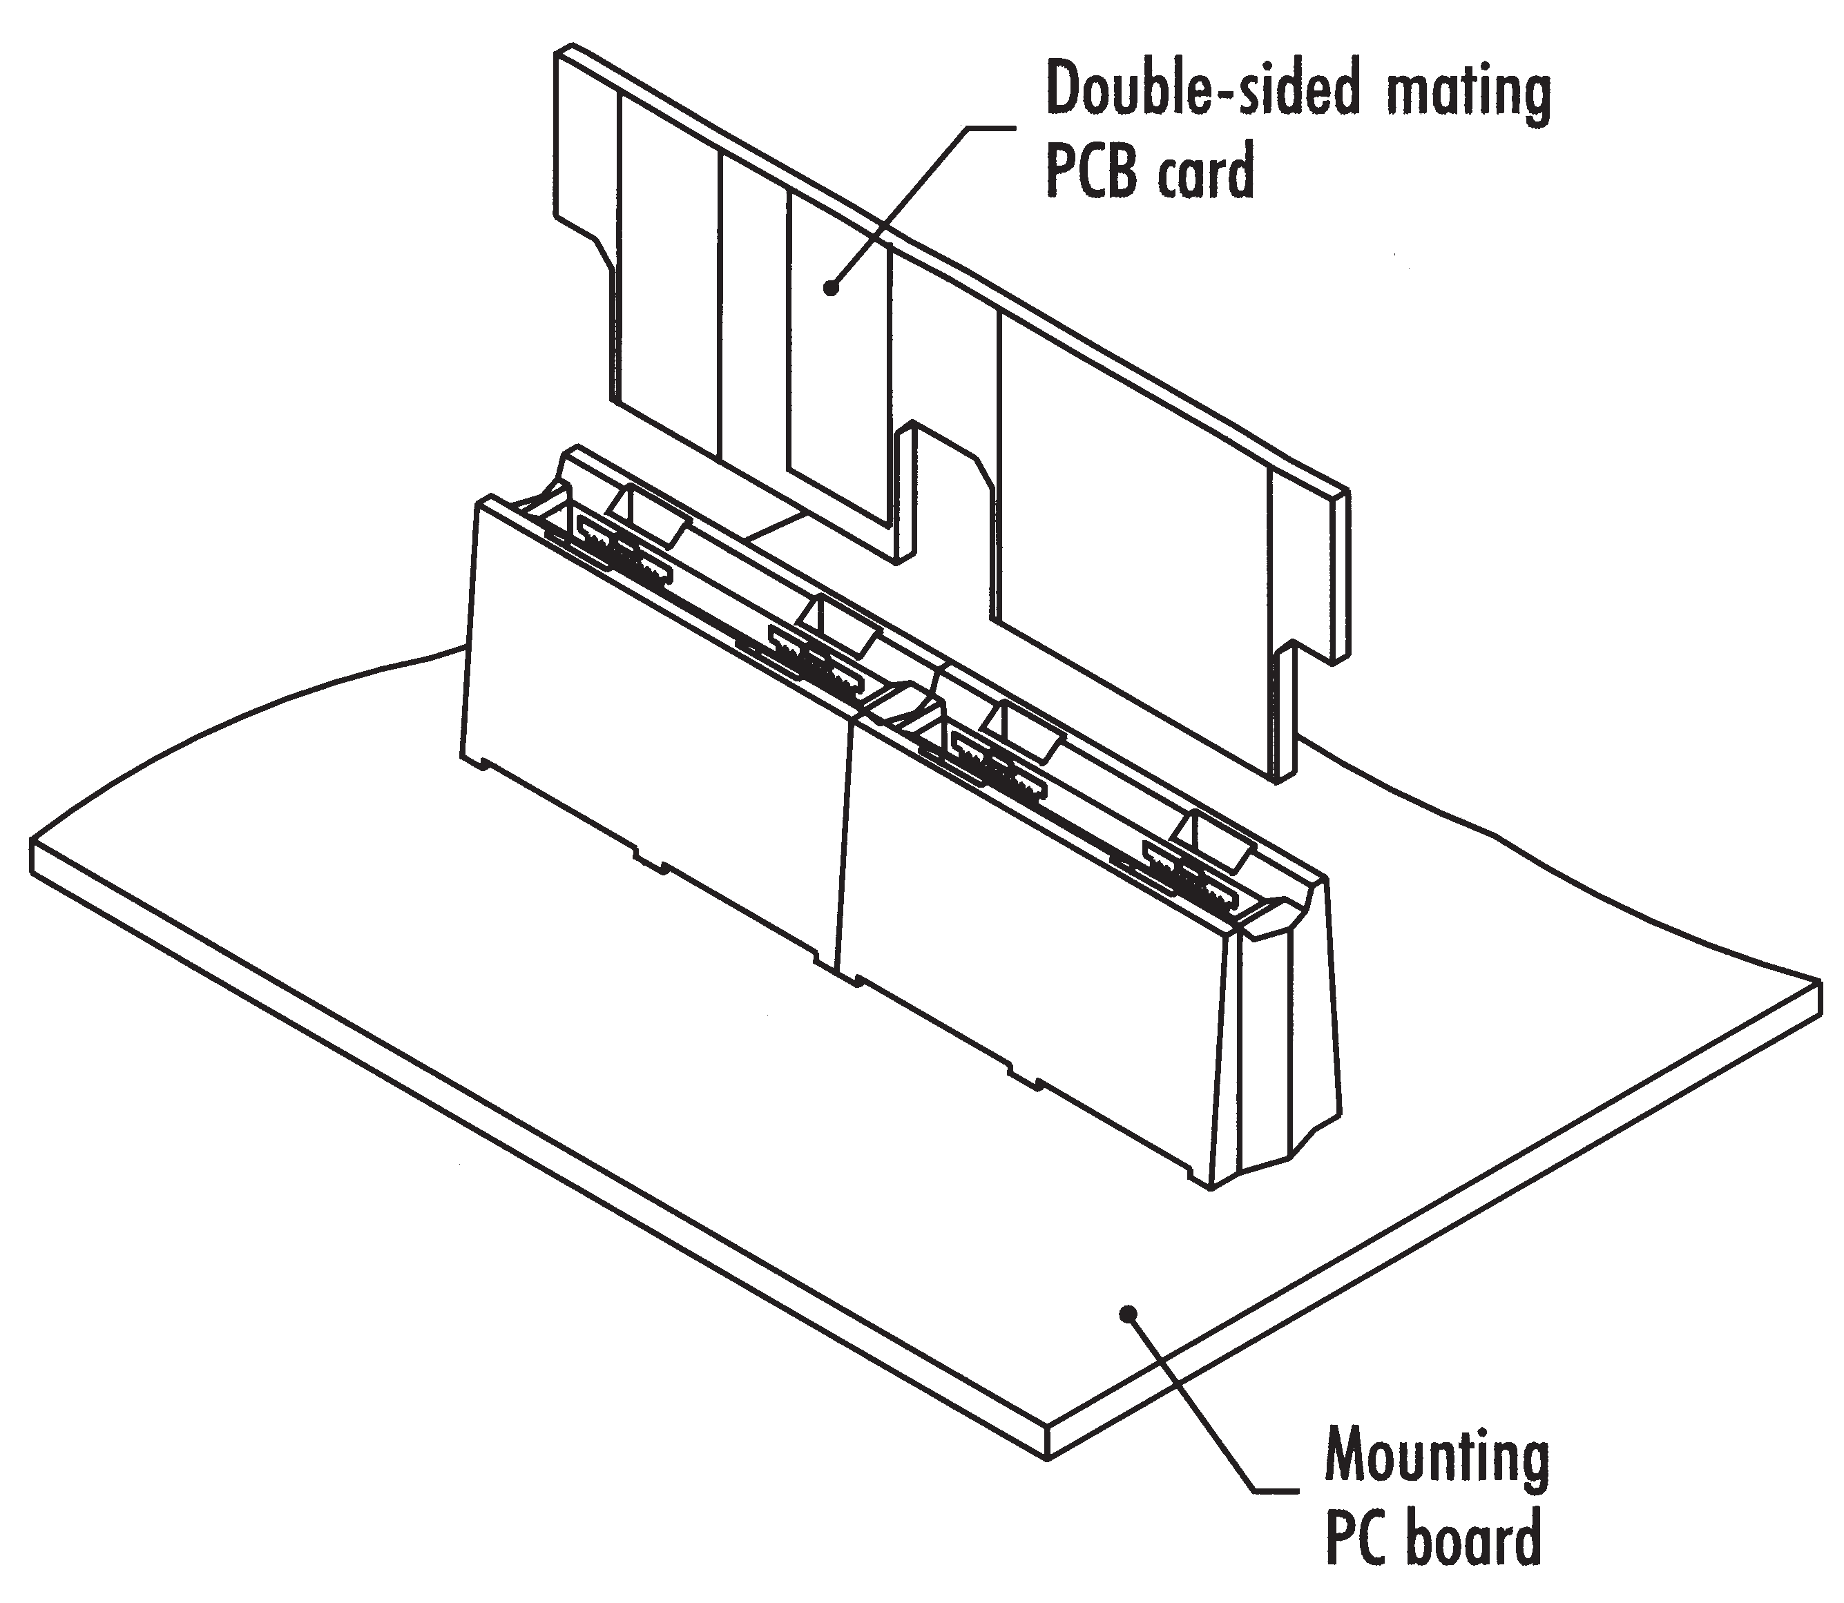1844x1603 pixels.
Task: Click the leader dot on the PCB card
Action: pyautogui.click(x=832, y=288)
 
